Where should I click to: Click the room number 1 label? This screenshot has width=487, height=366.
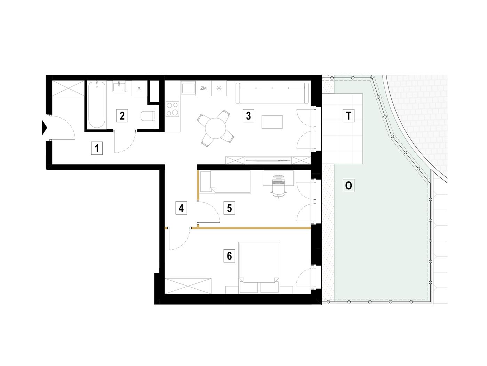click(x=97, y=148)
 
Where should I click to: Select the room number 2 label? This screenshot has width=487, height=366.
click(x=122, y=116)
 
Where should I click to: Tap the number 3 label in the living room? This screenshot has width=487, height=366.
click(x=248, y=116)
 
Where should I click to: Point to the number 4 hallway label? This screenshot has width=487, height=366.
click(x=181, y=208)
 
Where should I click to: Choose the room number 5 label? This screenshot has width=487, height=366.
click(x=229, y=208)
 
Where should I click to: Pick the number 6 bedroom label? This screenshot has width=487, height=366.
click(x=229, y=256)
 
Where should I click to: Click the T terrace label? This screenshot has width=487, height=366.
click(x=348, y=116)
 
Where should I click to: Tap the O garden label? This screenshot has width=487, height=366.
click(x=348, y=185)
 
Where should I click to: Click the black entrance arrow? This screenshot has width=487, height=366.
click(x=45, y=128)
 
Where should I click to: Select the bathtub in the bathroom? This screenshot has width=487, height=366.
click(x=97, y=105)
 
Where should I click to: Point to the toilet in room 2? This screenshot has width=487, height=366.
click(x=148, y=116)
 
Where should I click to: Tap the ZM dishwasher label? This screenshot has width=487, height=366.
click(x=203, y=88)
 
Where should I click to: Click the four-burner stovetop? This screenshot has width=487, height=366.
click(x=173, y=109)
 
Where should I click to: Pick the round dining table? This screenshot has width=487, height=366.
click(x=215, y=128)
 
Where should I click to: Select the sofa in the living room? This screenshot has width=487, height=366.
click(x=272, y=93)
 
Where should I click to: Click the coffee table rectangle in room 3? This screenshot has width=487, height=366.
click(x=272, y=122)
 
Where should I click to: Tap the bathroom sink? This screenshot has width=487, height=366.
click(x=119, y=87)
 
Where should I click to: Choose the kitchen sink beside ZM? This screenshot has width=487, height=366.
click(x=188, y=88)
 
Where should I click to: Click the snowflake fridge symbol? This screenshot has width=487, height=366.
click(x=219, y=88)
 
